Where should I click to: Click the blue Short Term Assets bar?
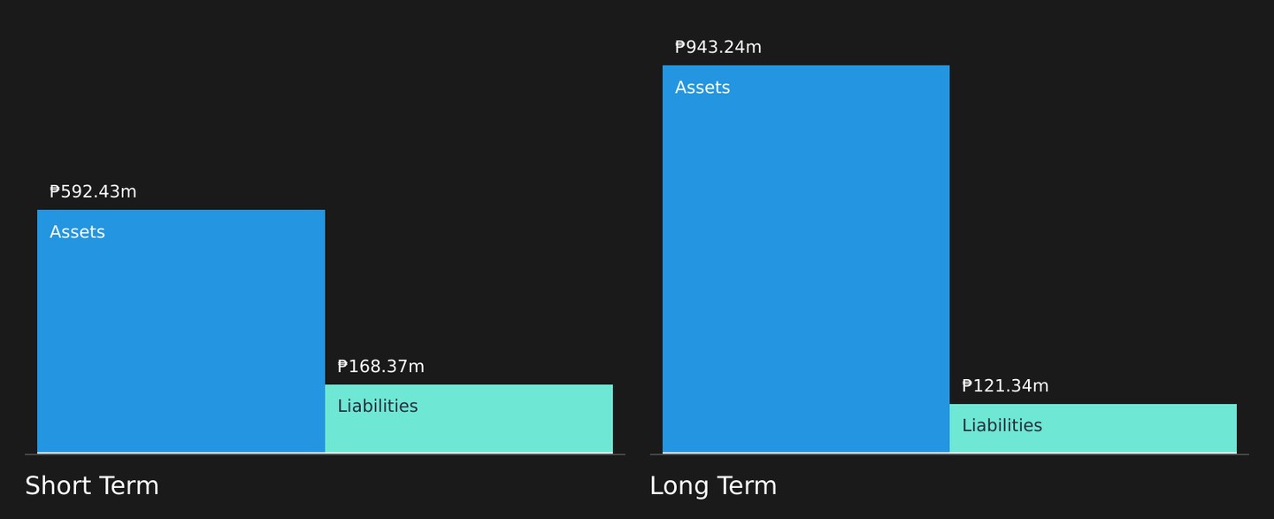180,331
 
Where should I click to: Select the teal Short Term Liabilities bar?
469,418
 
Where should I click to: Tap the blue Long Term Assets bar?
806,259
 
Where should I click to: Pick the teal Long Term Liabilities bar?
1094,428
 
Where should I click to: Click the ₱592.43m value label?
93,192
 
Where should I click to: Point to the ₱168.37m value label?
380,367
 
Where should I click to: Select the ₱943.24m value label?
718,47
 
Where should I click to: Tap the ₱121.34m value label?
1005,386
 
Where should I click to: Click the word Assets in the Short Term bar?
77,232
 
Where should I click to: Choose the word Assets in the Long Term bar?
702,88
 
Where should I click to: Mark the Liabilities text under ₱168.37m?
378,406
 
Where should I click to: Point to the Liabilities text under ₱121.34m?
1002,425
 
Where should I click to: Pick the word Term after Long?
746,486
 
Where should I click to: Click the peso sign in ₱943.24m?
680,47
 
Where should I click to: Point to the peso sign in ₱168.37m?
342,367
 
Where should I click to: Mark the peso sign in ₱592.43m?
55,192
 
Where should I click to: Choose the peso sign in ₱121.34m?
967,386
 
